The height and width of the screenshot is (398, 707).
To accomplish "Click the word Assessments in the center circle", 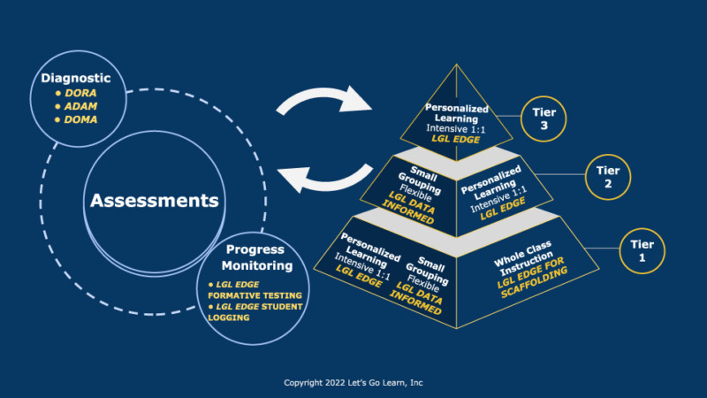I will [154, 201].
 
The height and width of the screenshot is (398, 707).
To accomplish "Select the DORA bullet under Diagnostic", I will [77, 93].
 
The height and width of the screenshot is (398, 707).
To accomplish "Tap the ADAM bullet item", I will [79, 106].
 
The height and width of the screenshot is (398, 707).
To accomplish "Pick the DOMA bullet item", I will [79, 119].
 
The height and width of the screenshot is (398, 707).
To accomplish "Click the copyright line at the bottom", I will [353, 383].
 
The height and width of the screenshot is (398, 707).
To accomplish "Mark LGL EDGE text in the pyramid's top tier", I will [455, 139].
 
